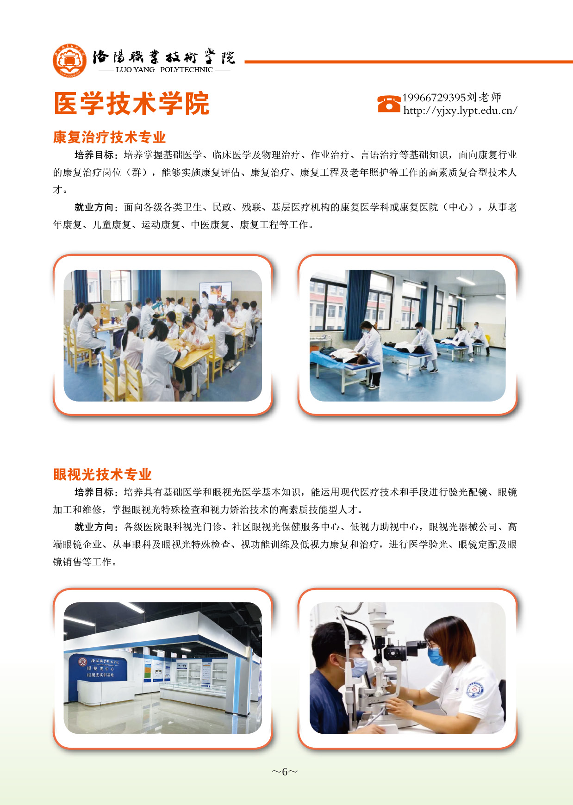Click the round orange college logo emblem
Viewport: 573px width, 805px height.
coord(70,61)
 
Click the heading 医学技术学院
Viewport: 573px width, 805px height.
coord(132,103)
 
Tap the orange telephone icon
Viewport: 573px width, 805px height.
coord(389,104)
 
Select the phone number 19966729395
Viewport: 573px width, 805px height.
coord(434,98)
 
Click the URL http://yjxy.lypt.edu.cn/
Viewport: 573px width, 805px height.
coord(460,111)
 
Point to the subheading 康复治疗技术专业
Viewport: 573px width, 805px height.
coord(109,137)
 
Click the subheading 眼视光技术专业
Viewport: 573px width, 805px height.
coord(102,474)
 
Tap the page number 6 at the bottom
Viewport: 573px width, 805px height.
coord(285,771)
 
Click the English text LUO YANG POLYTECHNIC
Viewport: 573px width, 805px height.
coord(164,70)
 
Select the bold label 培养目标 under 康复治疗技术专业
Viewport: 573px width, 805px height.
coord(94,155)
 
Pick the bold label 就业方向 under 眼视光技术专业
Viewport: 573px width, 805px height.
coord(94,527)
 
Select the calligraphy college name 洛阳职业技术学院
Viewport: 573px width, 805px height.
coord(164,56)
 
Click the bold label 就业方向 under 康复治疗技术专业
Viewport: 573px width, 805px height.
coord(94,207)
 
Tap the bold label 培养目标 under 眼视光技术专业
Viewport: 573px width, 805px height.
coord(94,492)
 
